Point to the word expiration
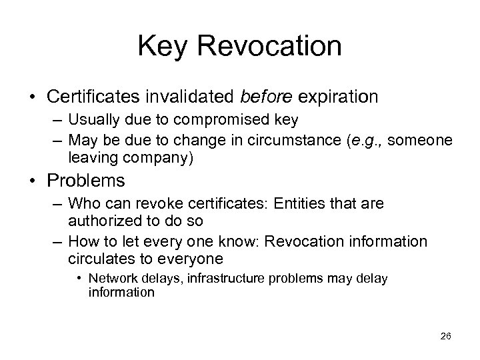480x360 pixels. [338, 97]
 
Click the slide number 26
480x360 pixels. [445, 336]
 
